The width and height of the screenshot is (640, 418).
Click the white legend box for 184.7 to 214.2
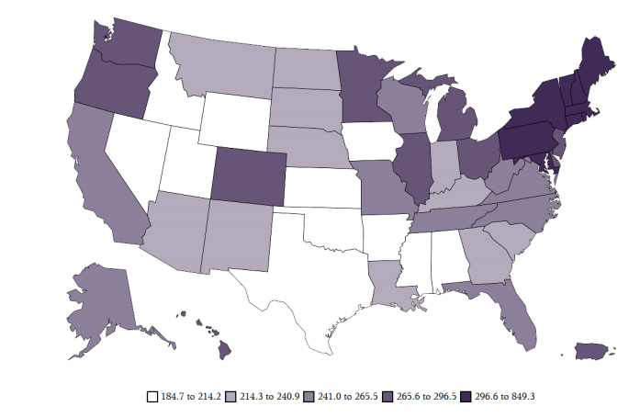coord(152,397)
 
